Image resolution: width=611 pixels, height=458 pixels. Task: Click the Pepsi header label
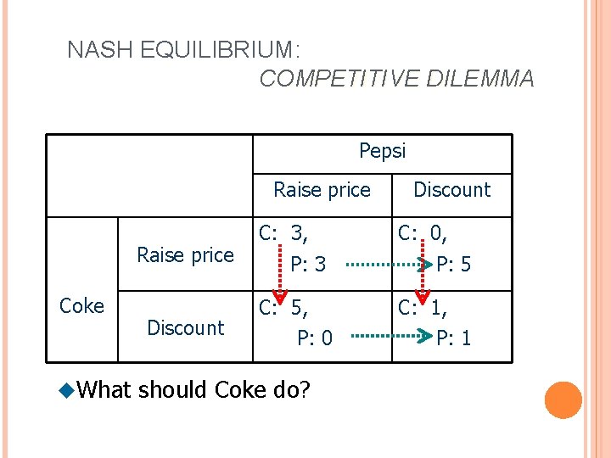[383, 151]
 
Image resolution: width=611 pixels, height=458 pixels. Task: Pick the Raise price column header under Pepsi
[322, 190]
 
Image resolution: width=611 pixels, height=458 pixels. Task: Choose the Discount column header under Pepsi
[451, 190]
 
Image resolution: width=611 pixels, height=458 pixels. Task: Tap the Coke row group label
[82, 306]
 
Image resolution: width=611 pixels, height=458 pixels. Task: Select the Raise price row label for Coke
[185, 255]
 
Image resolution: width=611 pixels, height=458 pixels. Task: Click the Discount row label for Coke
[185, 327]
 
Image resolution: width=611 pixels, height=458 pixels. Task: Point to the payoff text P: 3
[307, 265]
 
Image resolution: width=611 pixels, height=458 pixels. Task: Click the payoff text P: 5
[454, 265]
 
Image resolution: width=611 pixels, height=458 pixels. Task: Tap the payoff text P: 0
[314, 338]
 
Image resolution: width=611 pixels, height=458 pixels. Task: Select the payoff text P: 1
[454, 338]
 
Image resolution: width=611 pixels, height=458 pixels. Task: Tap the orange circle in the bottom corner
[563, 400]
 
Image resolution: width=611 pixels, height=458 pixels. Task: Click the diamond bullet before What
[67, 390]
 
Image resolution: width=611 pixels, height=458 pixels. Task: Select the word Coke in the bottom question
[242, 390]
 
